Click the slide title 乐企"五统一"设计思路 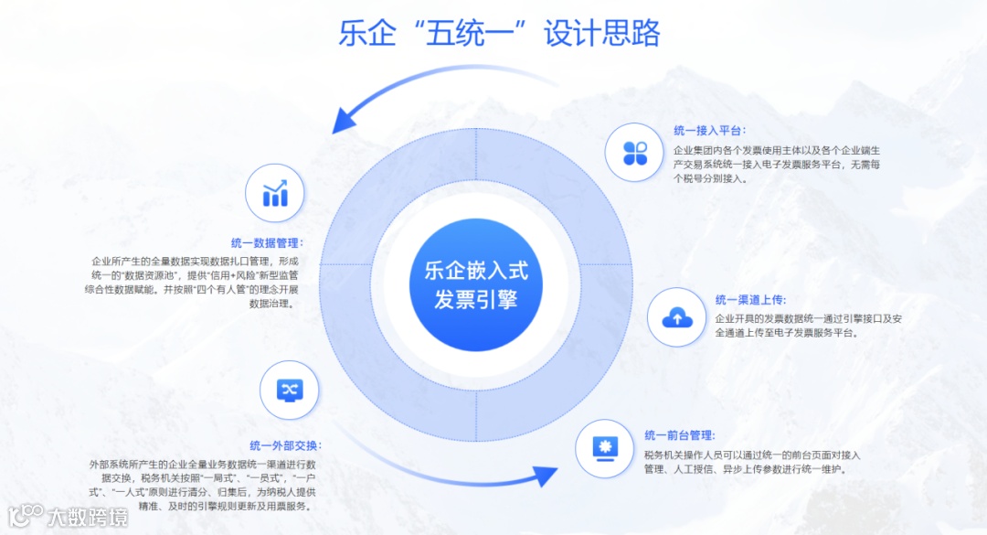pyautogui.click(x=498, y=34)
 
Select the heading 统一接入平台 pyautogui.click(x=709, y=130)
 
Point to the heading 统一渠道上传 pyautogui.click(x=750, y=299)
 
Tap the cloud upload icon pyautogui.click(x=677, y=317)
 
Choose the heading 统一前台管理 pyautogui.click(x=679, y=435)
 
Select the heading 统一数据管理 pyautogui.click(x=267, y=243)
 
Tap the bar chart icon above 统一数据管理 pyautogui.click(x=275, y=193)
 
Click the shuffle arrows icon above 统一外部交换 pyautogui.click(x=289, y=389)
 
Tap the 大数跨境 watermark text pyautogui.click(x=88, y=517)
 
